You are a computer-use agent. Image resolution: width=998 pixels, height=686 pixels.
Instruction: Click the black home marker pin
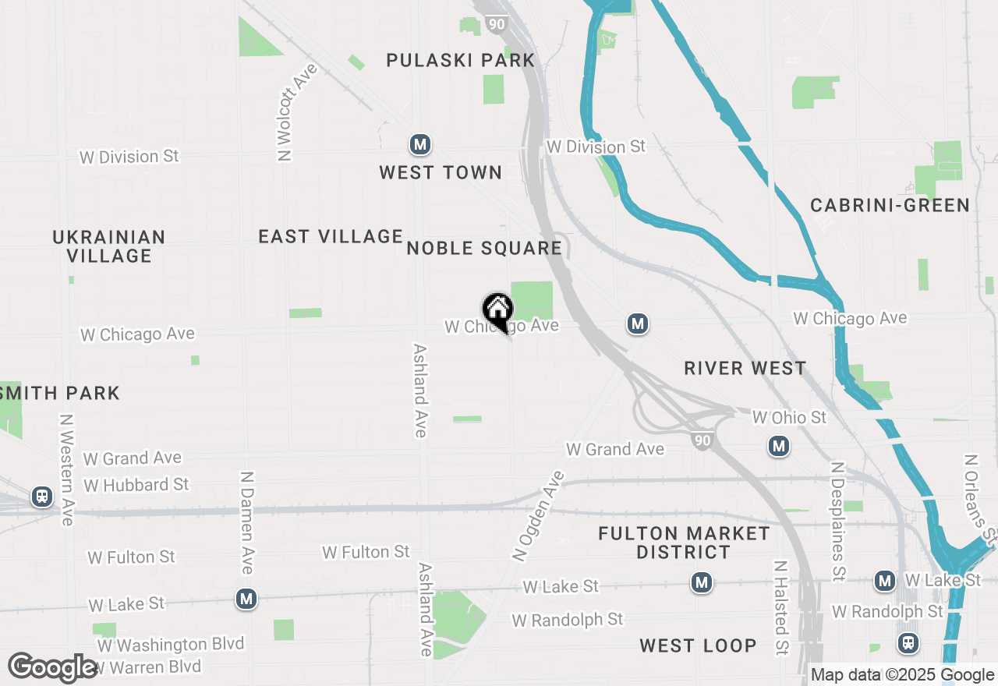[497, 311]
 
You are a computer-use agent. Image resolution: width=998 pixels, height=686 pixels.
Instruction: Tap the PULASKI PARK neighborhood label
[461, 60]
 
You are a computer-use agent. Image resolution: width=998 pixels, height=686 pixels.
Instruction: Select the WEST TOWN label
[441, 172]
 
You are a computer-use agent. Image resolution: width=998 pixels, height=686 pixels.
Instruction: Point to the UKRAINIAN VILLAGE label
[109, 246]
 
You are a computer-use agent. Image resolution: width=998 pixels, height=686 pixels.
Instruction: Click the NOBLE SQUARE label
[484, 248]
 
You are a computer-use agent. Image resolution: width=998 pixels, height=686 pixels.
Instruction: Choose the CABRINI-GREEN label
[890, 205]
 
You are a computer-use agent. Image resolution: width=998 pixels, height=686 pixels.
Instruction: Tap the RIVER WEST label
[745, 368]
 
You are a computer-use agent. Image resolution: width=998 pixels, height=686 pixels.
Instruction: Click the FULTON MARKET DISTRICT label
[684, 543]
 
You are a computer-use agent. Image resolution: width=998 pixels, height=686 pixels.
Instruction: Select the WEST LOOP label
[698, 645]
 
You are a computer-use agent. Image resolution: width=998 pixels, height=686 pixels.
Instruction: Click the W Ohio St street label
[789, 418]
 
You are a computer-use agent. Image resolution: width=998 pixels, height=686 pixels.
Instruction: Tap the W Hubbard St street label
[136, 485]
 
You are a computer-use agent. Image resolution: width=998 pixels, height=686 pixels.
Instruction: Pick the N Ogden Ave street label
[538, 516]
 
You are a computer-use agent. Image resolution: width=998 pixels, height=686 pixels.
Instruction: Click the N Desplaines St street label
[838, 522]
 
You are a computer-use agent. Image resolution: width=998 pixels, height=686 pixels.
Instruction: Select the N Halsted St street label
[781, 607]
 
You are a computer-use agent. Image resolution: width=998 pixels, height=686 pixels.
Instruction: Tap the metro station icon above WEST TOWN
[420, 144]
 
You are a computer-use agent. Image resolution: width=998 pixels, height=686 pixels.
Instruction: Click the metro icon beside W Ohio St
[778, 447]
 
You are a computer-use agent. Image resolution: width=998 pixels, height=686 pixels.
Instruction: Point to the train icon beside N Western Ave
[41, 496]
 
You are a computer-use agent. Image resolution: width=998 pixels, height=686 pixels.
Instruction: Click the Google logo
[52, 667]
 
